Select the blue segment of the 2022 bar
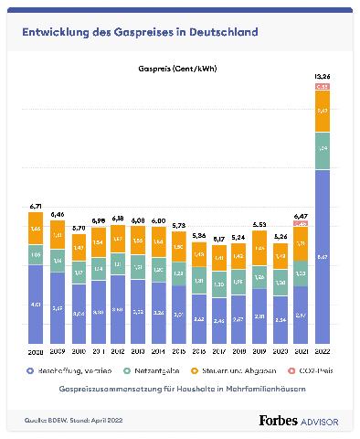click(x=322, y=256)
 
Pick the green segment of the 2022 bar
click(x=322, y=148)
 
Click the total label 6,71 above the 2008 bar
click(x=37, y=207)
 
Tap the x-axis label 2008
click(x=37, y=351)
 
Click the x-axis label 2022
click(x=322, y=351)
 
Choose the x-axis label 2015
click(x=179, y=351)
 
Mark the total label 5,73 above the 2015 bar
click(x=179, y=225)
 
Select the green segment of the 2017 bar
click(x=219, y=284)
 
